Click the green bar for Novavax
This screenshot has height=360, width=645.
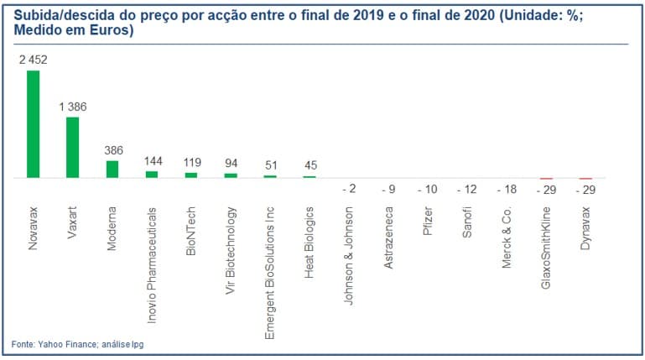click(x=33, y=124)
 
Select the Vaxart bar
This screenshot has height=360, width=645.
click(x=72, y=147)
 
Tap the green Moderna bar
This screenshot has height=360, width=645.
click(x=112, y=169)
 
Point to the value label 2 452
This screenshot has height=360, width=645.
click(x=33, y=60)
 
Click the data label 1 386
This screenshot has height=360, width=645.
click(x=72, y=107)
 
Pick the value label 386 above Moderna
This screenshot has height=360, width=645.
click(x=112, y=150)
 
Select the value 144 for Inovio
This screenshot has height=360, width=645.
click(x=152, y=161)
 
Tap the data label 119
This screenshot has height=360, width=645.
click(x=191, y=163)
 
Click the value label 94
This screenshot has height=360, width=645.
click(x=231, y=164)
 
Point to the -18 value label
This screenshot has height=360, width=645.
click(x=506, y=190)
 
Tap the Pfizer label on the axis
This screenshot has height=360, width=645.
click(x=428, y=220)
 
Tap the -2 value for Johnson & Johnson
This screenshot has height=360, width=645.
click(x=349, y=190)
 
